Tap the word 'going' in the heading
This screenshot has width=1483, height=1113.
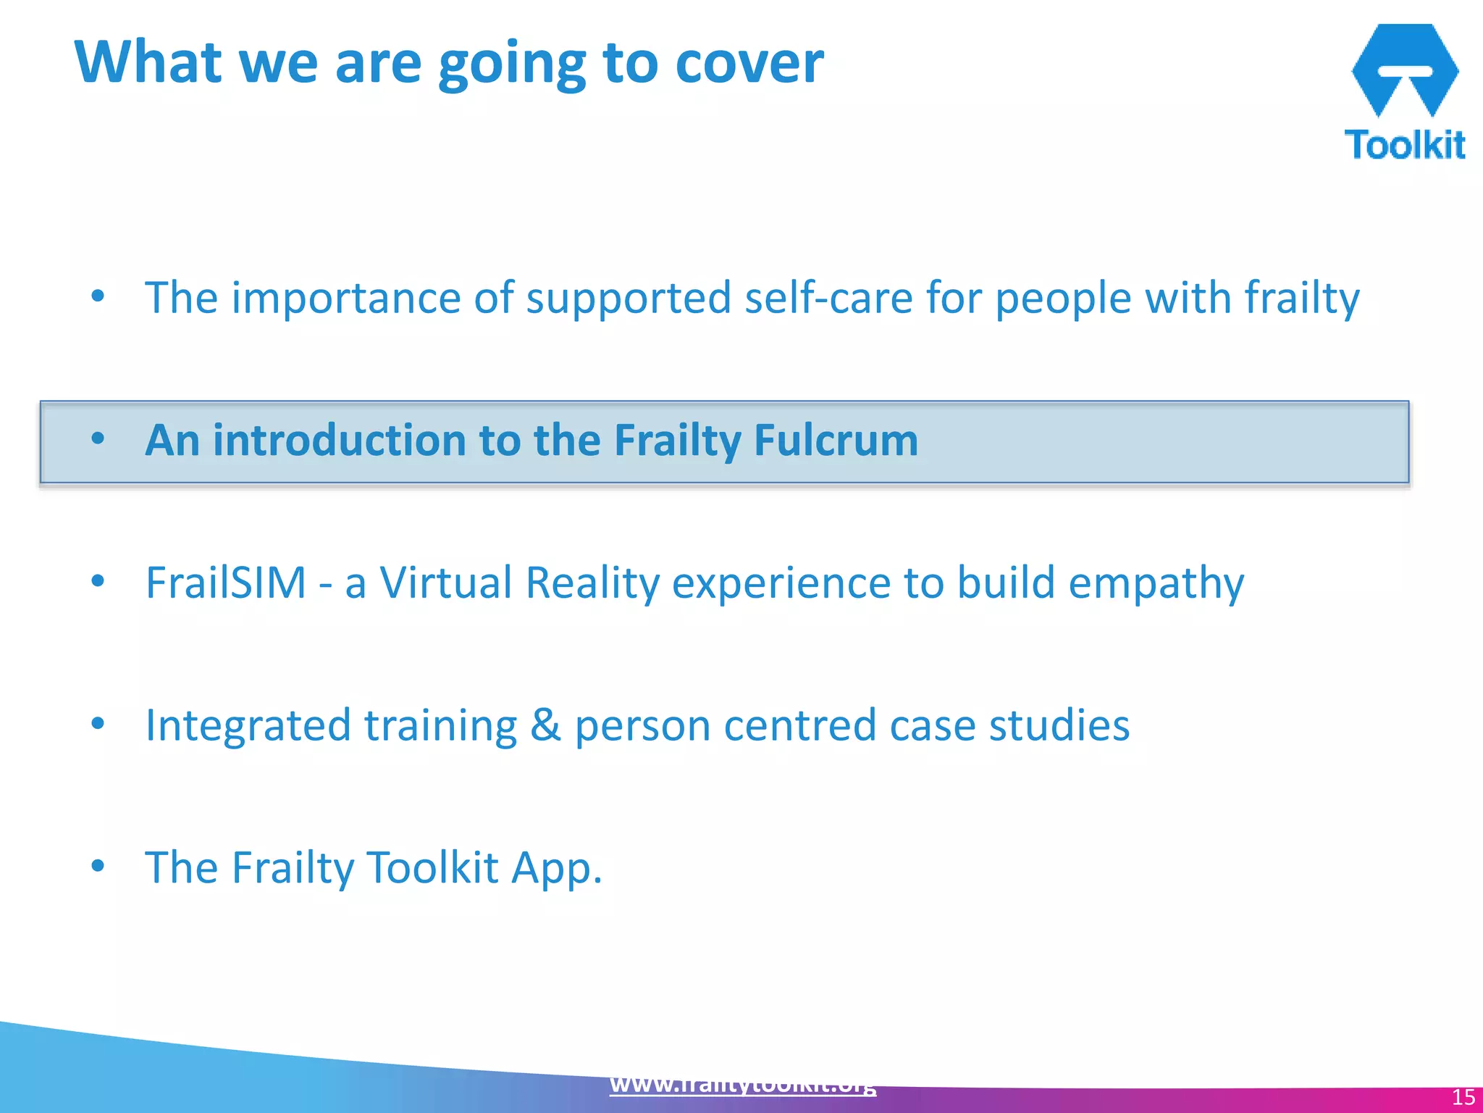511,65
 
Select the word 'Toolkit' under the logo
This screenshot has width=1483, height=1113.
1404,144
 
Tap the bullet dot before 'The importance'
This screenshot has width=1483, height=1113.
98,296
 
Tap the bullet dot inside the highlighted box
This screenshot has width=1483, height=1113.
98,438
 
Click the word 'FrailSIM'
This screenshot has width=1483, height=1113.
226,583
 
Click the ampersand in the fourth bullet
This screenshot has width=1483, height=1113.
545,725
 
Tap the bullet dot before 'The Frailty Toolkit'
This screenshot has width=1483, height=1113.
98,865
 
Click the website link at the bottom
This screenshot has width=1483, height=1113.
742,1085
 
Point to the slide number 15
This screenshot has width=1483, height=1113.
1463,1097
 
